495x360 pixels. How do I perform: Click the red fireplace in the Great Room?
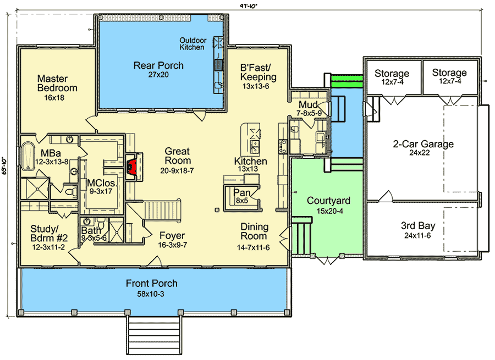[x=131, y=167]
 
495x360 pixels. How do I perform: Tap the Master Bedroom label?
[x=57, y=84]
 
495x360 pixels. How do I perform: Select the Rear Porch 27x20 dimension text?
[x=158, y=75]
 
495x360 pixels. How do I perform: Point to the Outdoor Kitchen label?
[x=193, y=44]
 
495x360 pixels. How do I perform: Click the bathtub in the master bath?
[x=28, y=157]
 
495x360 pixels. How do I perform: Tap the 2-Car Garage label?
[x=423, y=144]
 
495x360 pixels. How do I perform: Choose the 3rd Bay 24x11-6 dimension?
[x=417, y=236]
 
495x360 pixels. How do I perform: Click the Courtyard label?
[x=328, y=201]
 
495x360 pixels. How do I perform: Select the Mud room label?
[x=308, y=104]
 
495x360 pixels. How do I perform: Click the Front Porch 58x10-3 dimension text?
[x=151, y=294]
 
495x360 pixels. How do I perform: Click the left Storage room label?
[x=392, y=73]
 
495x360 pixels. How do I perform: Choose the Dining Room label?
[x=255, y=231]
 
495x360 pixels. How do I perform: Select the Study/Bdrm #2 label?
[x=49, y=233]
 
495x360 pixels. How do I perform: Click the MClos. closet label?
[x=101, y=183]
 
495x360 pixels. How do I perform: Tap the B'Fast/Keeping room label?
[x=258, y=72]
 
